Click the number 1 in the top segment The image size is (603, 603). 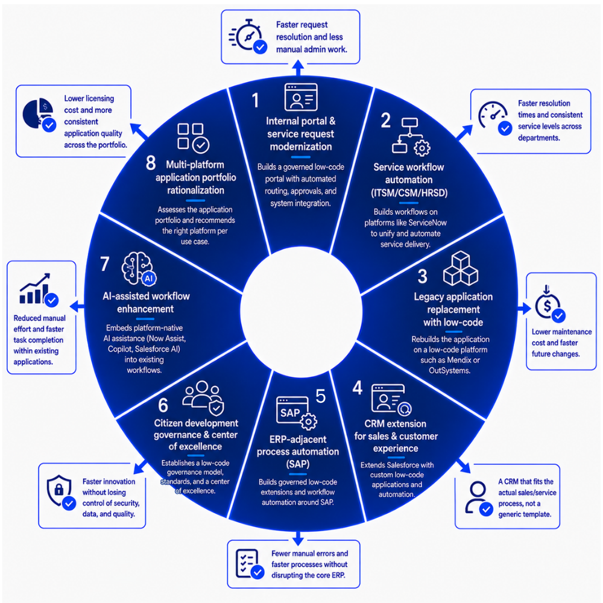click(x=255, y=100)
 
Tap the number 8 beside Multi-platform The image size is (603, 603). click(x=151, y=163)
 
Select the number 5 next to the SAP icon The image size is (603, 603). click(x=320, y=396)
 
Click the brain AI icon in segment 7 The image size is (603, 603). click(x=139, y=269)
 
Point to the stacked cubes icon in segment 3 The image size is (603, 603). click(x=460, y=268)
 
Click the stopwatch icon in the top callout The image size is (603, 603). click(x=248, y=36)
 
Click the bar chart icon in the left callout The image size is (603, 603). click(x=39, y=290)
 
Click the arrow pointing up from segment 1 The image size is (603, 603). click(x=298, y=68)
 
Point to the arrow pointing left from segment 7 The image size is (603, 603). click(x=77, y=306)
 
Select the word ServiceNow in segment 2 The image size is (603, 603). click(x=428, y=223)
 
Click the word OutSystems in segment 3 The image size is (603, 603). click(x=449, y=371)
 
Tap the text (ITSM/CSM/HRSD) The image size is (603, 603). click(x=409, y=193)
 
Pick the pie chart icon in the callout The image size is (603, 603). click(x=39, y=115)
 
